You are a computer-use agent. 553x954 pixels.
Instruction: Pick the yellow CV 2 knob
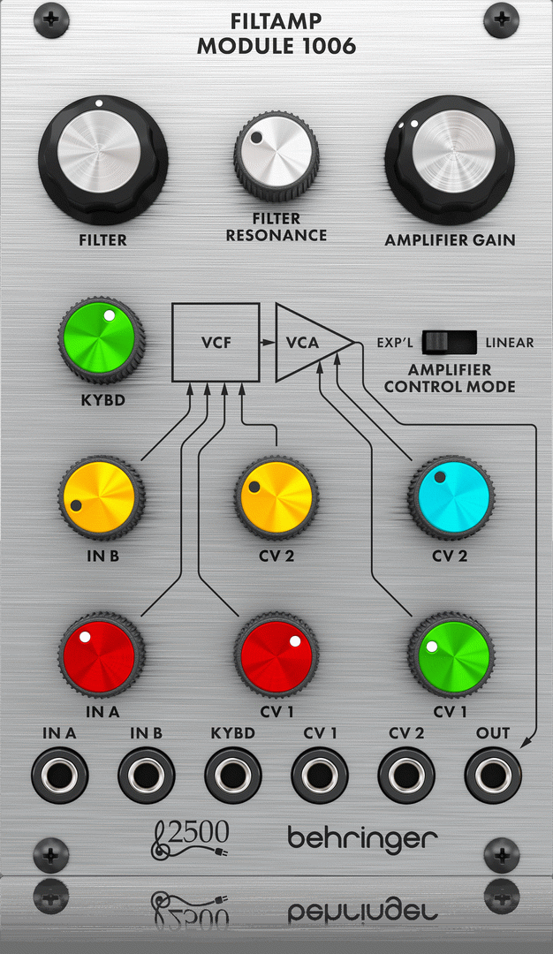tap(276, 497)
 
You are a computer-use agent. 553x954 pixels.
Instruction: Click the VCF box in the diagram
tap(216, 343)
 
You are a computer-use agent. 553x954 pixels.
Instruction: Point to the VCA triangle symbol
tap(305, 343)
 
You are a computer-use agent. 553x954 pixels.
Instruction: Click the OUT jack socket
tap(492, 775)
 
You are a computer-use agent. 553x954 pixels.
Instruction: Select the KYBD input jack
tap(232, 775)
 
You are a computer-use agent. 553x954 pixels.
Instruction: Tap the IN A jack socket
tap(59, 775)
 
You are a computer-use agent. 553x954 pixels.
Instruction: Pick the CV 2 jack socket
tap(405, 775)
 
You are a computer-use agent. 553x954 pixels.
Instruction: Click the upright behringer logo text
tap(362, 837)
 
